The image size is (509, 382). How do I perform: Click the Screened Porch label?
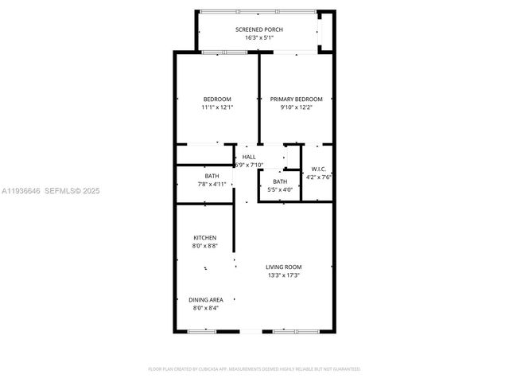(x=259, y=29)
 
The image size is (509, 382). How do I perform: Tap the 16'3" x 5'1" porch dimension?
(x=259, y=37)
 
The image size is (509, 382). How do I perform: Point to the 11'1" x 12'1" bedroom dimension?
(x=216, y=107)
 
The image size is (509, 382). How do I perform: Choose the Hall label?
(x=249, y=157)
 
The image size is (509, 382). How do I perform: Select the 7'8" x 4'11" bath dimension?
(x=212, y=184)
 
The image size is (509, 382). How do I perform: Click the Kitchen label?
(x=205, y=238)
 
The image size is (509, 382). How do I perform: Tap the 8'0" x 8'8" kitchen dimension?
(x=205, y=246)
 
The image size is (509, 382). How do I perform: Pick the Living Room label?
(x=284, y=267)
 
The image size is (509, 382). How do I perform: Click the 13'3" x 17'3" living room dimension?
(x=284, y=275)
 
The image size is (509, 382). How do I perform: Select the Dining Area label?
(x=205, y=299)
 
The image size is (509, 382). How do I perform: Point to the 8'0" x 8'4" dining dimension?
(x=205, y=308)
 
